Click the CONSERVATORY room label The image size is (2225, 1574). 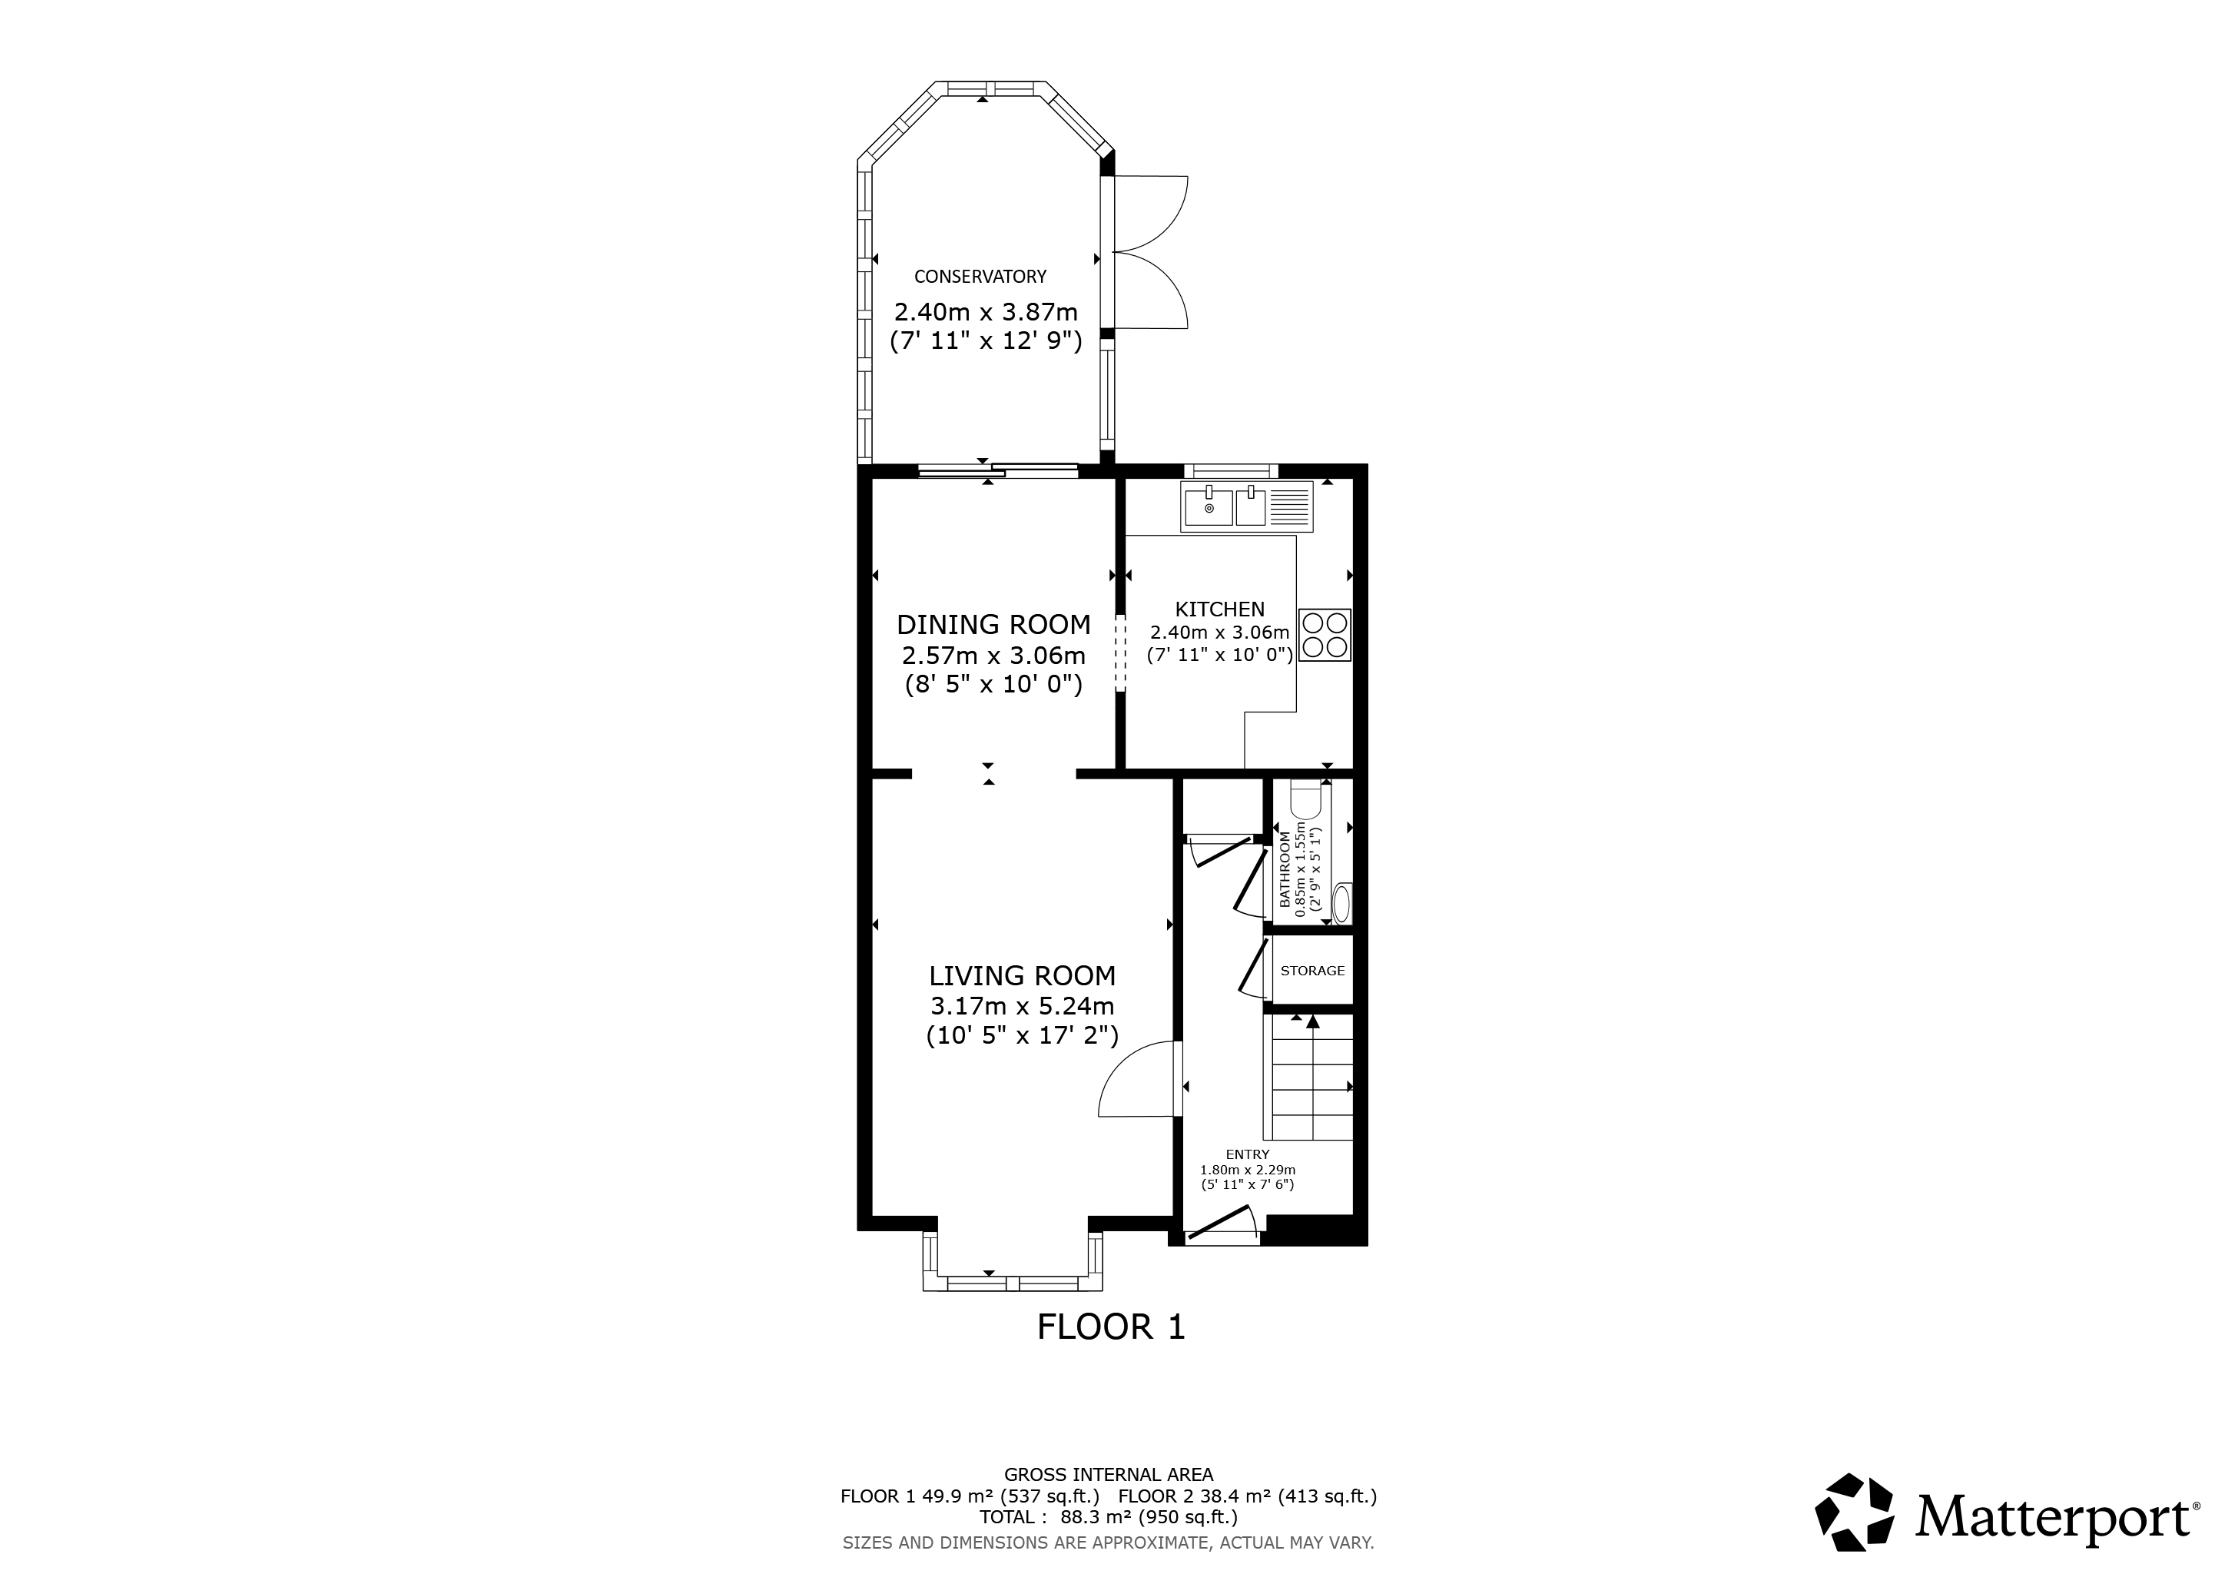[x=980, y=276]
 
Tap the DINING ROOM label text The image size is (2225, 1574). [x=993, y=624]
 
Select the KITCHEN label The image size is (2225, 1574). [x=1219, y=609]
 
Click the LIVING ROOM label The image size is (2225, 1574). [x=1023, y=975]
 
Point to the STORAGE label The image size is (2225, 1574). [x=1312, y=970]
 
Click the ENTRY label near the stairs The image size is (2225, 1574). [x=1247, y=1154]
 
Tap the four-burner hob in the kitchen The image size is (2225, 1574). [x=1324, y=635]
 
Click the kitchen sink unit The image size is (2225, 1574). [x=1246, y=507]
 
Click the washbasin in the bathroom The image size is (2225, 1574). [x=1342, y=903]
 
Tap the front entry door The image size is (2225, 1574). [x=1221, y=1223]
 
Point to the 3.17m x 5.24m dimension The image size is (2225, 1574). [x=1023, y=1006]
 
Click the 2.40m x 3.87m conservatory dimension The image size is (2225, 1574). [x=986, y=312]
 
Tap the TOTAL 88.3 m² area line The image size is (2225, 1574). [x=1109, y=1517]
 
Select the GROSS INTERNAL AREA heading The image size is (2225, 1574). [x=1109, y=1475]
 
